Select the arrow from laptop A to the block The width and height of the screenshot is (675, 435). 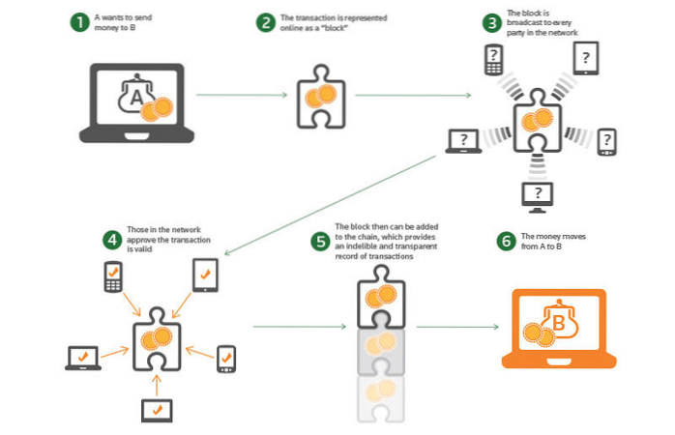tap(243, 96)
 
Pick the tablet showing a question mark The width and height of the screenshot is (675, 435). tap(585, 58)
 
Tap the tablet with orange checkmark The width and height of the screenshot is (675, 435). tap(206, 275)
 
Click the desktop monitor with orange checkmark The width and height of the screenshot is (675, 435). tap(157, 410)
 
